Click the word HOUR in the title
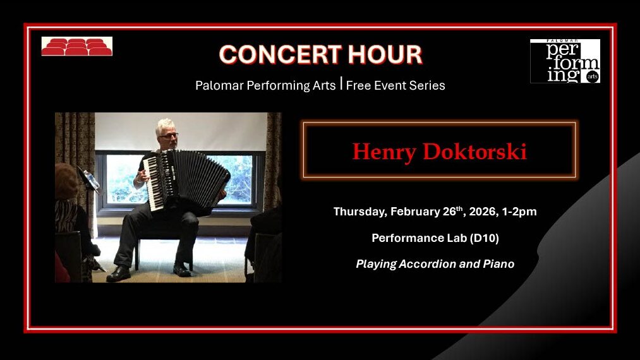[x=387, y=55]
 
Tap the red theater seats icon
[x=77, y=47]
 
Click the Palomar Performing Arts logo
[x=565, y=61]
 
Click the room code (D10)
[x=478, y=238]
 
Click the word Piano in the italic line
[x=498, y=264]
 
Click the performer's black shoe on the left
[x=119, y=273]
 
